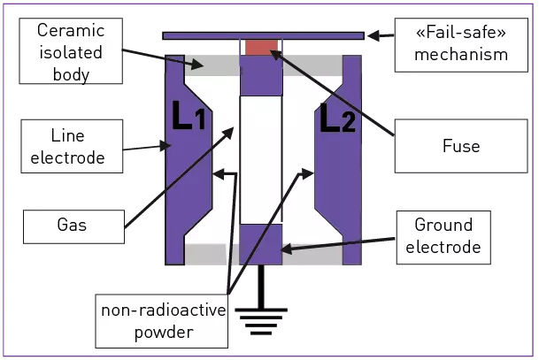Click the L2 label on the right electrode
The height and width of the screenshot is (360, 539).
[x=335, y=118]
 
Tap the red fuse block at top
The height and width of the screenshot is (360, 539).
[x=261, y=47]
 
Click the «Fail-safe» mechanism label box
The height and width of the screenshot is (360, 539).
[x=459, y=42]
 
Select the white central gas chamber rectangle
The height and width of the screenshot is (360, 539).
[x=260, y=159]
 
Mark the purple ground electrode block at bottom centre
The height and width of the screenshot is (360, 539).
[x=260, y=244]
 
